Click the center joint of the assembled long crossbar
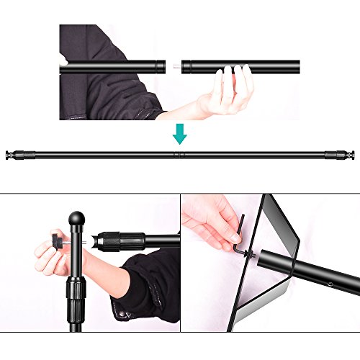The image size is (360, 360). click(178, 153)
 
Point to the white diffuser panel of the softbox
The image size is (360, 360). click(216, 288)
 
